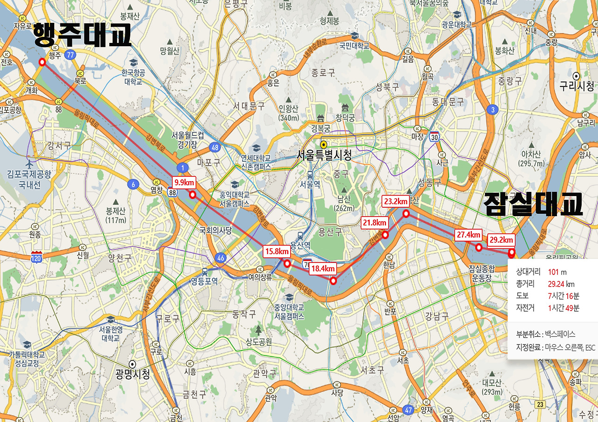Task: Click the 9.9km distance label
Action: [x=184, y=183]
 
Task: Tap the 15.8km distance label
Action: [x=276, y=252]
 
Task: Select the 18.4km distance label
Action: [x=323, y=268]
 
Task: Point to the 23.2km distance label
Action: [x=396, y=202]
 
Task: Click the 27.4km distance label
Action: [x=469, y=235]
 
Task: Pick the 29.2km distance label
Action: [x=501, y=240]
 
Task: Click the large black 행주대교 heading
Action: [x=82, y=36]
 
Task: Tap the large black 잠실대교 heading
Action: [x=533, y=204]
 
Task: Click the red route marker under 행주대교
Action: [x=42, y=62]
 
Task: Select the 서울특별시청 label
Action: [x=324, y=155]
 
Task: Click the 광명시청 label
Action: [x=133, y=373]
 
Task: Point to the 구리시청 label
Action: [x=577, y=85]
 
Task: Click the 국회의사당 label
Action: [x=216, y=230]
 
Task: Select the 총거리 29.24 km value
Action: [x=561, y=283]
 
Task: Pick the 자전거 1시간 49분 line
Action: [x=547, y=308]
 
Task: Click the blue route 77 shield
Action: [x=71, y=55]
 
